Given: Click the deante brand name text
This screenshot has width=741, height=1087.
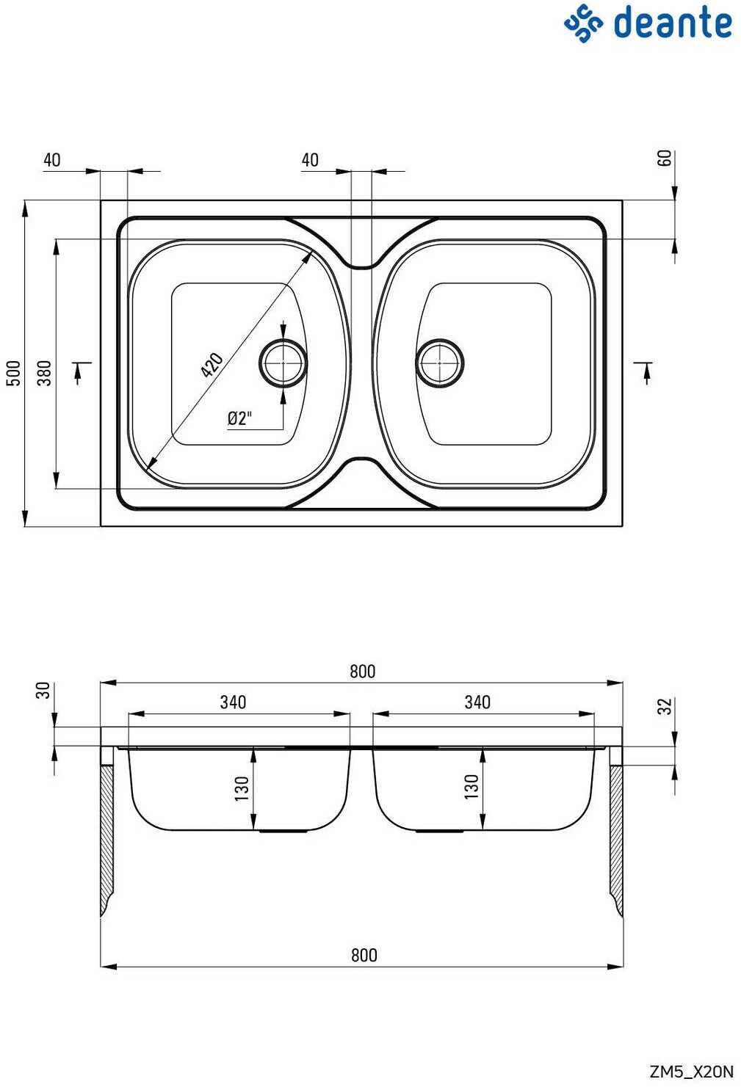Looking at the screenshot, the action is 673,22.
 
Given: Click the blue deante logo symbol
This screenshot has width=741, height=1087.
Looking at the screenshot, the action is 583,23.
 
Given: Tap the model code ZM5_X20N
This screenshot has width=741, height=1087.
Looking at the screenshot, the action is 692,1071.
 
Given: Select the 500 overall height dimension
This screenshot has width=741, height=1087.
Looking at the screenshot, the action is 15,373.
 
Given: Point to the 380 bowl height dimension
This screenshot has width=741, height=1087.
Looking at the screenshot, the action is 45,373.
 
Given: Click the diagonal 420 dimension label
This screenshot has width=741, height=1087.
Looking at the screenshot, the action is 212,365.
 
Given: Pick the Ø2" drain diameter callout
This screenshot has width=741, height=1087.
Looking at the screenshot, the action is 240,418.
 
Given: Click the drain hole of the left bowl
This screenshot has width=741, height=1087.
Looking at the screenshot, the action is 283,363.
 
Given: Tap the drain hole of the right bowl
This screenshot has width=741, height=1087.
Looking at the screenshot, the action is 440,363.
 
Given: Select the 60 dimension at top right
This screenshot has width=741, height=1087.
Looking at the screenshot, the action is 665,159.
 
